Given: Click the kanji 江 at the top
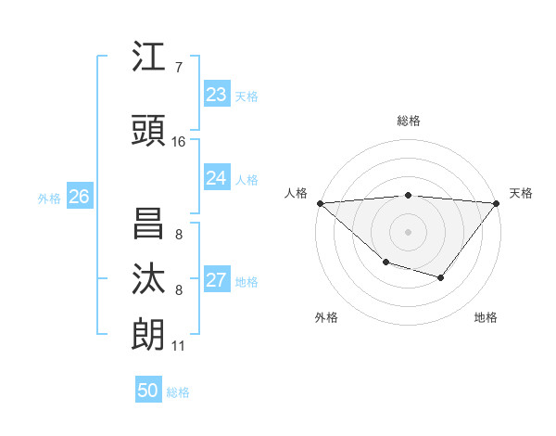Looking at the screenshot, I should click(x=148, y=58).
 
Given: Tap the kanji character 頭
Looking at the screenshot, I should click(x=148, y=131).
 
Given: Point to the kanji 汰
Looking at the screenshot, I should click(x=148, y=279).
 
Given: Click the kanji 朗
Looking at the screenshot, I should click(x=148, y=335).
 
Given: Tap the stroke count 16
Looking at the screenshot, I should click(x=179, y=142).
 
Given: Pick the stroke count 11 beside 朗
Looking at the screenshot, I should click(x=179, y=346).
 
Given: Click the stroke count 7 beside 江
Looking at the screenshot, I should click(x=179, y=68).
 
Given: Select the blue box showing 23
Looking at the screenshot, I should click(x=217, y=95).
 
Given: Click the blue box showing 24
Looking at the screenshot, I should click(x=217, y=178).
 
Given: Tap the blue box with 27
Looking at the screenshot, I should click(x=217, y=280).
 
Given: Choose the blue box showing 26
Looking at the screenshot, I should click(x=79, y=197).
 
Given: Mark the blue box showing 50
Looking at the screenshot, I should click(x=148, y=391).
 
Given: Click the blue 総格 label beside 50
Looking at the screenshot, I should click(x=178, y=392).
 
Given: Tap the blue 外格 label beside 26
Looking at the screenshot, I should click(x=49, y=198).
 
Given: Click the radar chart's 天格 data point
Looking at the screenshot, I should click(x=497, y=203).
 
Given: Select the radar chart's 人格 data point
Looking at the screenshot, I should click(x=320, y=203).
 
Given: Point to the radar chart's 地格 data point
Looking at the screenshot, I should click(x=441, y=277).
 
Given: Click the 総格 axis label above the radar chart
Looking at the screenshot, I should click(x=409, y=121).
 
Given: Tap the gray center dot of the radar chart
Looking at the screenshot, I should click(x=409, y=231).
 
